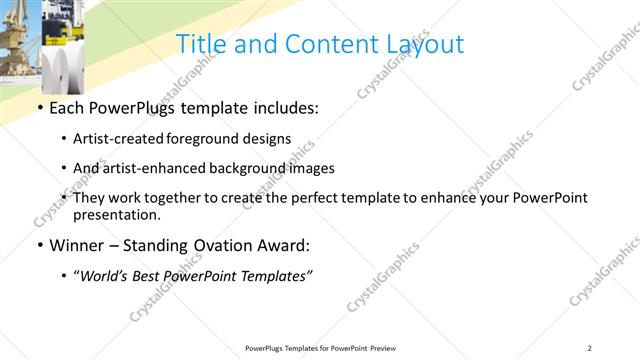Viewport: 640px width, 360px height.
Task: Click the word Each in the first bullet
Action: point(67,106)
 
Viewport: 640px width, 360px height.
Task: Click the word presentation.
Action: point(117,214)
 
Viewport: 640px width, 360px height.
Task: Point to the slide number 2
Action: point(590,347)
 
